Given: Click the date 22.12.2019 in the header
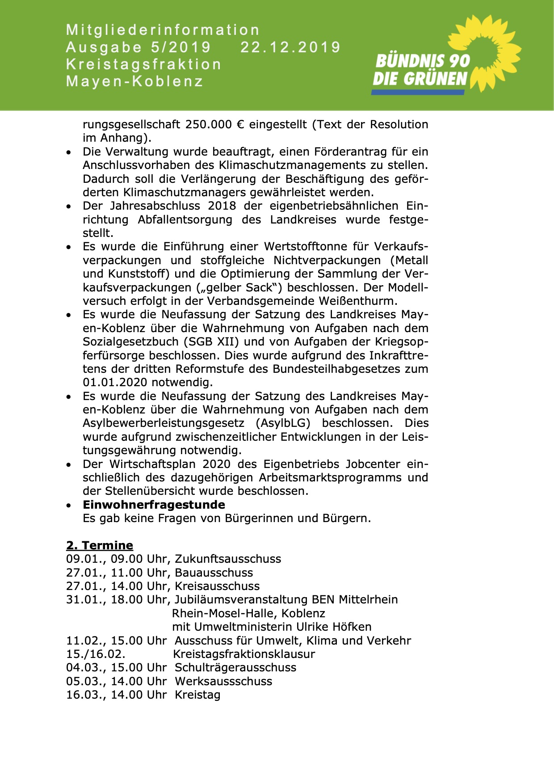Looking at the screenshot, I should [x=290, y=47].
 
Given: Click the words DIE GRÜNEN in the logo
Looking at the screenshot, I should [x=420, y=79].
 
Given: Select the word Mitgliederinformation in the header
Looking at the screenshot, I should [x=163, y=30].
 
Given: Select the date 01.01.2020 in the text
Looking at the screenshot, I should [x=115, y=383].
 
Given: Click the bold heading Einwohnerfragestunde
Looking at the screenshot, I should [x=154, y=505].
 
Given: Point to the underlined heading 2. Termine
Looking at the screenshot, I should [x=100, y=545].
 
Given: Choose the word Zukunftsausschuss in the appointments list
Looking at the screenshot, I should [x=228, y=559].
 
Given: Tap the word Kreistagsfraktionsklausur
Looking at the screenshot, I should [x=244, y=654].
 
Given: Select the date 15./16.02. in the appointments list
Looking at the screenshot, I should [x=96, y=654].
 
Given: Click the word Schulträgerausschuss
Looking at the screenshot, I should [x=235, y=667].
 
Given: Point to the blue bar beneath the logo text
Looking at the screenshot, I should [x=418, y=92].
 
